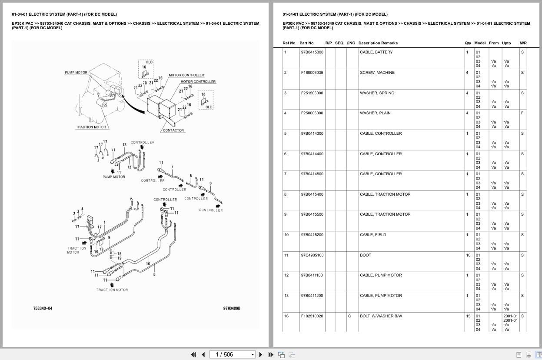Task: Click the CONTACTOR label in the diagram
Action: (x=173, y=130)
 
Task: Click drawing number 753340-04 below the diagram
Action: (x=43, y=309)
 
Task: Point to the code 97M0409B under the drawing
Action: (x=232, y=309)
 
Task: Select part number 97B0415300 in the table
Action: (x=312, y=52)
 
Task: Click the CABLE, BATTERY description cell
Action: (x=376, y=52)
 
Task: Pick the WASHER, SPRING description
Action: (x=377, y=93)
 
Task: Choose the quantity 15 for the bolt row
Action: (x=468, y=316)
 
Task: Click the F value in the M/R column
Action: (x=522, y=113)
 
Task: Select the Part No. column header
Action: (x=307, y=43)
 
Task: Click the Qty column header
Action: (x=468, y=43)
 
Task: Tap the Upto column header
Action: (x=506, y=43)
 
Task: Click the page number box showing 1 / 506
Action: (x=232, y=354)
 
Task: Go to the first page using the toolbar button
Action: (x=193, y=354)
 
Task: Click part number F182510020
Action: (x=312, y=316)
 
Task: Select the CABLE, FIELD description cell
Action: (x=373, y=235)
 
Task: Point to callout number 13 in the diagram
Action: (x=124, y=145)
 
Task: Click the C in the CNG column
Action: (x=349, y=316)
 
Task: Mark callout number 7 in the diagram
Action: (x=172, y=167)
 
